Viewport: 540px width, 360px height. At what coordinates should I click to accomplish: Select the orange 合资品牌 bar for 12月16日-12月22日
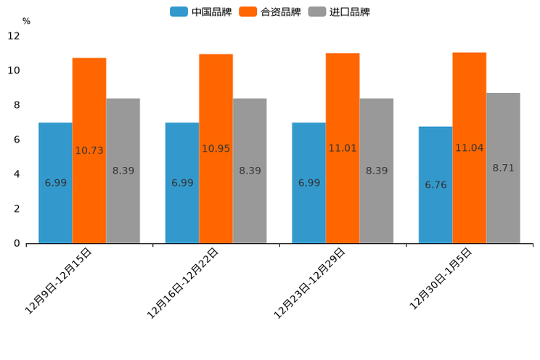coord(216,196)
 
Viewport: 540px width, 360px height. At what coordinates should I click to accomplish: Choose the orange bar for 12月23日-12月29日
coord(343,196)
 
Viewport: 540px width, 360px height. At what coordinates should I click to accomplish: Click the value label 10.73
coord(89,151)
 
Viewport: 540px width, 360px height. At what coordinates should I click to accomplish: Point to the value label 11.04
coord(470,148)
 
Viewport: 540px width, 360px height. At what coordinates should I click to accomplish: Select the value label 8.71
coord(503,168)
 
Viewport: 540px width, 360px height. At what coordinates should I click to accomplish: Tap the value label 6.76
coord(435,185)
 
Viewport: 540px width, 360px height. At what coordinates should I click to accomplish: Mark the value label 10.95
coord(216,149)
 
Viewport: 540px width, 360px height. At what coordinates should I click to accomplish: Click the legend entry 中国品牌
coord(201,12)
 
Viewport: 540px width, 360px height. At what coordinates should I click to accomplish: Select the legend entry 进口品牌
coord(340,12)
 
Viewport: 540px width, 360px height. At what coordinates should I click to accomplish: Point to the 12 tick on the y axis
coord(14,36)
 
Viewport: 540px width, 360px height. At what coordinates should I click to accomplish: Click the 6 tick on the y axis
coord(17,139)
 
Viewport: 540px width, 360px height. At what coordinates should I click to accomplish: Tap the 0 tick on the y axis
coord(17,243)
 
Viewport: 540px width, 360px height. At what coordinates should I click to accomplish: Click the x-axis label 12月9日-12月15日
coord(59,280)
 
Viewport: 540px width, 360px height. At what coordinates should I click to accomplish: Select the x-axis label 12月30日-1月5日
coord(441,279)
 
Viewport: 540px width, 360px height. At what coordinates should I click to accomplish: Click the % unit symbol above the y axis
coord(26,21)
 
